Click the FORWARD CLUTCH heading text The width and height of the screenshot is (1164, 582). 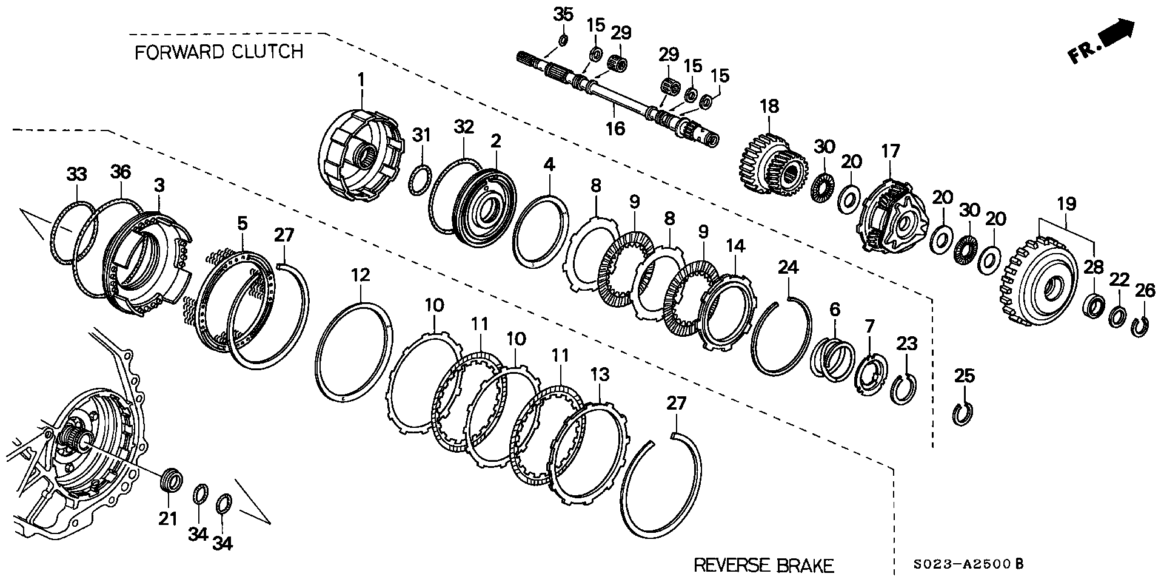218,52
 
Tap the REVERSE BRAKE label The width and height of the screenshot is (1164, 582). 763,566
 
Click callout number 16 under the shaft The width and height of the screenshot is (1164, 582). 615,129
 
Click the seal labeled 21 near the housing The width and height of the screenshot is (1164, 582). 170,481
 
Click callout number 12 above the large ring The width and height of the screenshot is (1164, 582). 360,276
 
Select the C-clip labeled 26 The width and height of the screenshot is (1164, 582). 1140,327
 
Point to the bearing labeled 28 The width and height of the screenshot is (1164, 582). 1094,306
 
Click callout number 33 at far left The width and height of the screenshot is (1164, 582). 76,175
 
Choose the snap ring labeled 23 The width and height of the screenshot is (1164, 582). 903,388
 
